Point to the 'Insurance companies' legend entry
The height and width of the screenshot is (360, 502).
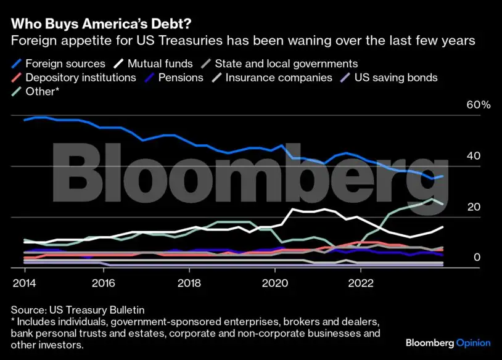pos(278,78)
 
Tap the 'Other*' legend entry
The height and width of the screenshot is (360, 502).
pos(43,92)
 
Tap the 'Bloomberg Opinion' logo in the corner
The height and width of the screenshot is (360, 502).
pos(448,343)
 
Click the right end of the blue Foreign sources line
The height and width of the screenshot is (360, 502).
pos(442,176)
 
